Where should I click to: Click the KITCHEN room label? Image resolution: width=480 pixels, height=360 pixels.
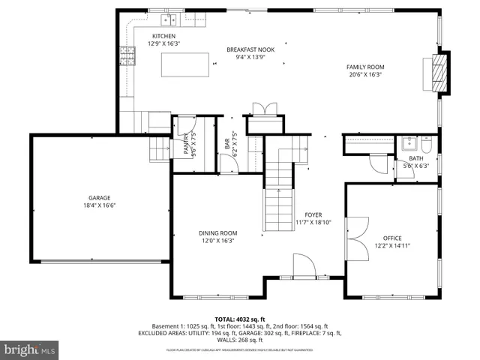tap(163, 36)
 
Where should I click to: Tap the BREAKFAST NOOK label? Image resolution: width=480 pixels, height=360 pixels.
tap(250, 49)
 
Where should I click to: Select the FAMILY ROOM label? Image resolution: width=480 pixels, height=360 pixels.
tap(364, 67)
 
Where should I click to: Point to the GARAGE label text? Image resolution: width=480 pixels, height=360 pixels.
tap(99, 198)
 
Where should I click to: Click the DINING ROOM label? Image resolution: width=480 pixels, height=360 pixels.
tap(217, 233)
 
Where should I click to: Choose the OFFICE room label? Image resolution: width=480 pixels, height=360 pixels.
tap(392, 238)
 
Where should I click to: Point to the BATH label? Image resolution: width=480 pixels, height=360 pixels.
tap(415, 158)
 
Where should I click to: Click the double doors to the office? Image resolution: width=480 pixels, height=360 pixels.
tap(356, 237)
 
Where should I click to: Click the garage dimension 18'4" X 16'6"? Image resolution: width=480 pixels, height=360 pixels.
tap(99, 205)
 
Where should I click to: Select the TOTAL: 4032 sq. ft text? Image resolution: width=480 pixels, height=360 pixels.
tap(239, 318)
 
